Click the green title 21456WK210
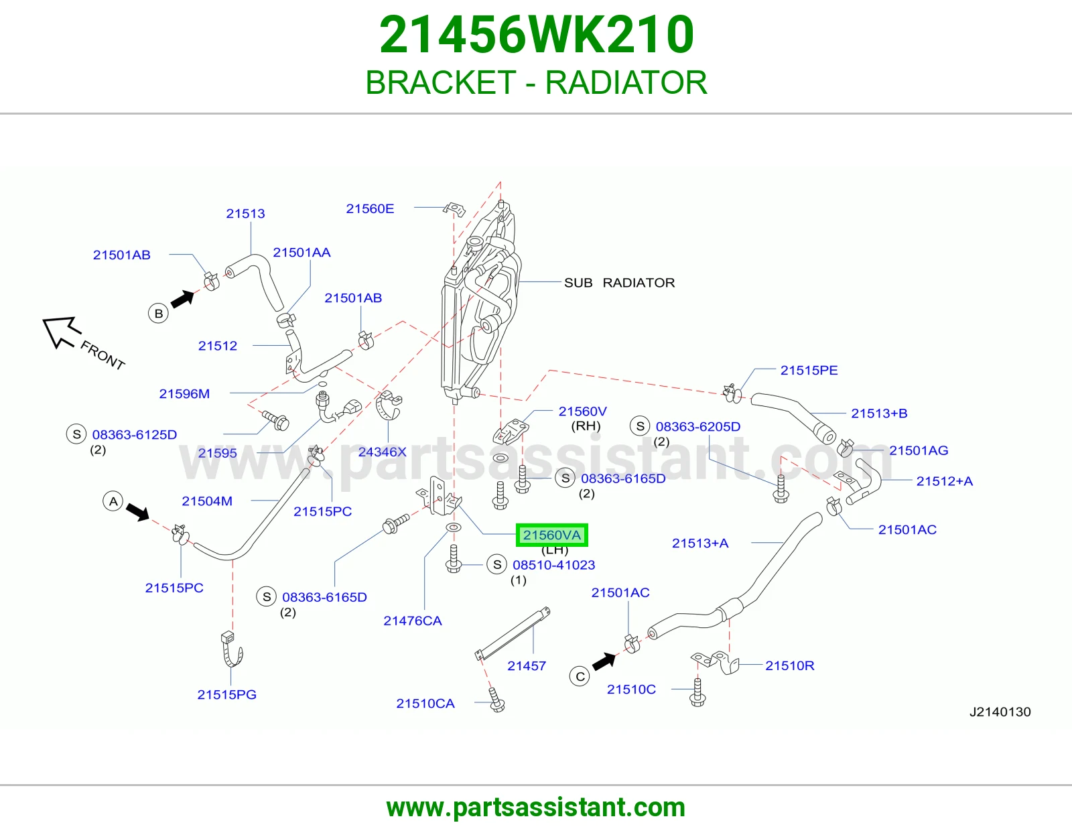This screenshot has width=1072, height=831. point(536,34)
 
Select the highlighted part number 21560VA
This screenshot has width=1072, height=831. point(551,535)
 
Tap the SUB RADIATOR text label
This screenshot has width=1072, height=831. point(619,283)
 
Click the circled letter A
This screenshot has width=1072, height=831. point(113,501)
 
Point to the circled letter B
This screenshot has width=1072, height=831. point(158,314)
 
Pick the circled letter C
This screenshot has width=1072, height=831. point(580,677)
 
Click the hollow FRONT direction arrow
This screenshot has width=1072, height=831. point(60,331)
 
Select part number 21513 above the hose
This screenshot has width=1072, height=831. point(245,214)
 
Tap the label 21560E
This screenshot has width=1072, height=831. point(370,208)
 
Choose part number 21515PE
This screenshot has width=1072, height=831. point(809,370)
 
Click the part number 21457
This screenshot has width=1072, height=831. point(527,665)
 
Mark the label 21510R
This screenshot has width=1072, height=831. point(789,665)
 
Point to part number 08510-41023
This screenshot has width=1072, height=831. point(553,565)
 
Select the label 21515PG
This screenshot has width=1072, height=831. point(226,694)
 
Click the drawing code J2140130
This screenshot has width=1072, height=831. point(1000,712)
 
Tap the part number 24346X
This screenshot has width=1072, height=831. point(383,452)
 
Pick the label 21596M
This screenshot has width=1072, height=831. point(184,394)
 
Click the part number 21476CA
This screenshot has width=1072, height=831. point(413,621)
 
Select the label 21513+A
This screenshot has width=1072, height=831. point(700,544)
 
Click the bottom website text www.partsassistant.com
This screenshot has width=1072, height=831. point(536,808)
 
